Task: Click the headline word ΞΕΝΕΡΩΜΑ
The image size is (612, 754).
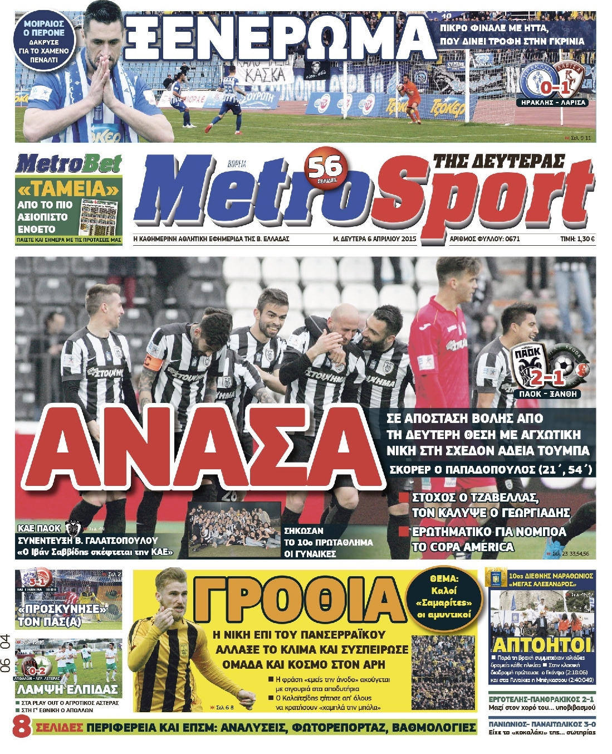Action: pyautogui.click(x=278, y=38)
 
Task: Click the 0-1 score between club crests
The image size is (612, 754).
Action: pyautogui.click(x=554, y=87)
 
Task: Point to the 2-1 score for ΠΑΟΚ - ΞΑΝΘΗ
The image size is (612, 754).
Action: pyautogui.click(x=548, y=378)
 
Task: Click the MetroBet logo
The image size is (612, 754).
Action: pyautogui.click(x=68, y=164)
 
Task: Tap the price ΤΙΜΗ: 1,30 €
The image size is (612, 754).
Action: pyautogui.click(x=577, y=239)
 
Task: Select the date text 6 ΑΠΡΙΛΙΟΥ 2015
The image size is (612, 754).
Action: pyautogui.click(x=390, y=239)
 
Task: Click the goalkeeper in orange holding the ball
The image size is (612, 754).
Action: pyautogui.click(x=412, y=96)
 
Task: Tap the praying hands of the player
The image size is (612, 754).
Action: pyautogui.click(x=104, y=81)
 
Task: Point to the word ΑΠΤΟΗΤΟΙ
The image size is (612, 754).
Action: pyautogui.click(x=542, y=645)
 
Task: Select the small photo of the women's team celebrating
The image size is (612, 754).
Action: pyautogui.click(x=234, y=529)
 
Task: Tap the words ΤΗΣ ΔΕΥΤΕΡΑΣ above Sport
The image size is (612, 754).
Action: pyautogui.click(x=498, y=162)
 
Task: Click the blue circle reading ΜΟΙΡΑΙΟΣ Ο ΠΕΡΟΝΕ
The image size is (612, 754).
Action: pyautogui.click(x=45, y=42)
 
